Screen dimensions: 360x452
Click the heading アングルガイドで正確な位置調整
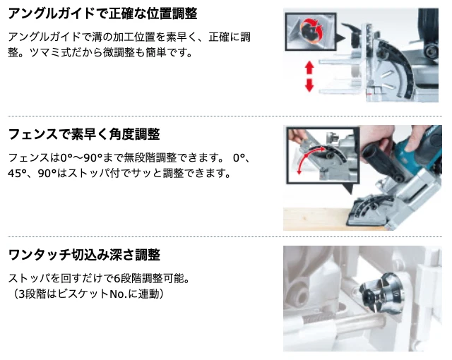pos(102,14)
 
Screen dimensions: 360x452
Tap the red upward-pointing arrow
pos(309,68)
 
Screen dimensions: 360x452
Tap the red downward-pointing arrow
pos(309,85)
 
